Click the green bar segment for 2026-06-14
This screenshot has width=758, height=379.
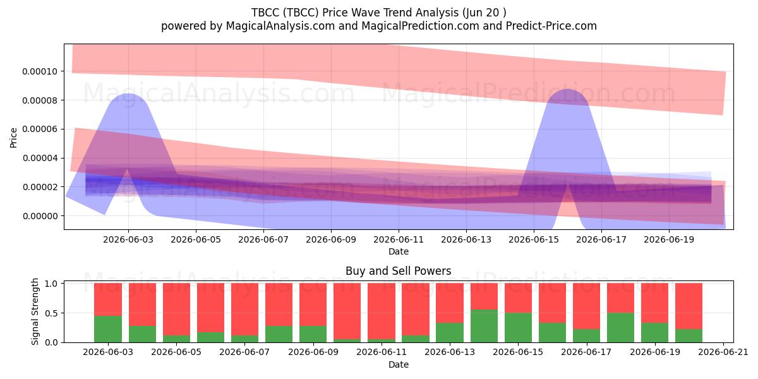(484, 326)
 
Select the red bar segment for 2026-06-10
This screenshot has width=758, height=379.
(347, 311)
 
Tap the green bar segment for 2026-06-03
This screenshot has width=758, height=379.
(108, 329)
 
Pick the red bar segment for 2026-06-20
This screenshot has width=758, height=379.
(689, 306)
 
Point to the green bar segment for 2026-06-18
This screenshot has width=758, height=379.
(620, 328)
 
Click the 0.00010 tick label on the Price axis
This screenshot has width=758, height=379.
(40, 71)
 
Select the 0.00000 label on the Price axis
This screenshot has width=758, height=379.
(40, 216)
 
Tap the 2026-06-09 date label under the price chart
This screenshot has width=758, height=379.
(331, 239)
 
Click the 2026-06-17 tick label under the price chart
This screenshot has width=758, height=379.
(601, 239)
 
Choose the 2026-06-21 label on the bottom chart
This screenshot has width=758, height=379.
(723, 352)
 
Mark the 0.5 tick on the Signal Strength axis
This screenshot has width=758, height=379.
(51, 313)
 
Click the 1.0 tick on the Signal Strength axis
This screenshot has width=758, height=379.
(51, 284)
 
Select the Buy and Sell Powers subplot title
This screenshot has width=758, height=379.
(399, 271)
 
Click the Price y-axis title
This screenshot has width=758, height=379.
(13, 138)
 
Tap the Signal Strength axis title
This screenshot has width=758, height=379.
(35, 311)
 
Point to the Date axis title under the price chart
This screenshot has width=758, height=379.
(399, 251)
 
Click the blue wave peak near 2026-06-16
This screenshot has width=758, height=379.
(568, 90)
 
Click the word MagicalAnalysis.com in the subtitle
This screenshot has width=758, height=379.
(280, 26)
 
